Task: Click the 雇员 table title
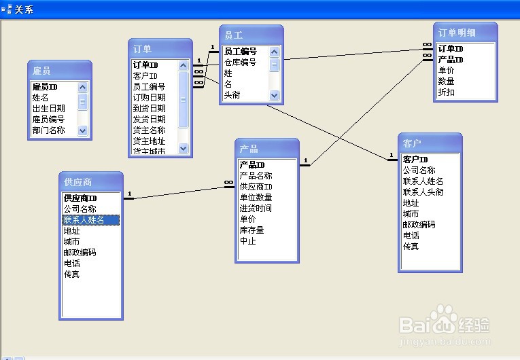(x=41, y=71)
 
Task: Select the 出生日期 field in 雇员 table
(x=48, y=109)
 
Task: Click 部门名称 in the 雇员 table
(x=48, y=130)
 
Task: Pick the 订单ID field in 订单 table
(x=145, y=65)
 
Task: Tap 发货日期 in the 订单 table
(x=149, y=120)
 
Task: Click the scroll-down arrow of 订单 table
(x=183, y=148)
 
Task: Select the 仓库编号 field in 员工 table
(x=240, y=62)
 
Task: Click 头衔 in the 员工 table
(x=232, y=95)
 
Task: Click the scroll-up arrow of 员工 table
(x=274, y=52)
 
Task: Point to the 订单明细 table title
(x=457, y=33)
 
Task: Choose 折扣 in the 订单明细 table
(x=446, y=92)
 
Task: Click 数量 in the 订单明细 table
(x=446, y=82)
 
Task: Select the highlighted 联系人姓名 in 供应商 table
(x=84, y=220)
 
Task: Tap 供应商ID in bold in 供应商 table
(x=80, y=198)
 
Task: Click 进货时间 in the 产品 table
(x=256, y=208)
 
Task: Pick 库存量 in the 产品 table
(x=252, y=230)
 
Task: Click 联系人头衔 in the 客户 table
(x=423, y=192)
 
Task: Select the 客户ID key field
(x=415, y=160)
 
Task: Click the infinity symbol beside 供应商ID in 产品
(x=228, y=182)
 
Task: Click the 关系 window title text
(x=24, y=10)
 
